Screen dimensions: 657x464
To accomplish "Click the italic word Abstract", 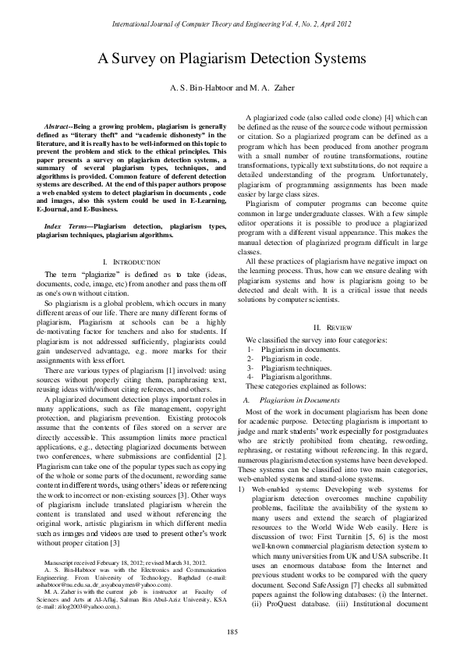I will pos(58,126).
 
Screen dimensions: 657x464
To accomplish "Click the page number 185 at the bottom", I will pos(232,630).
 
